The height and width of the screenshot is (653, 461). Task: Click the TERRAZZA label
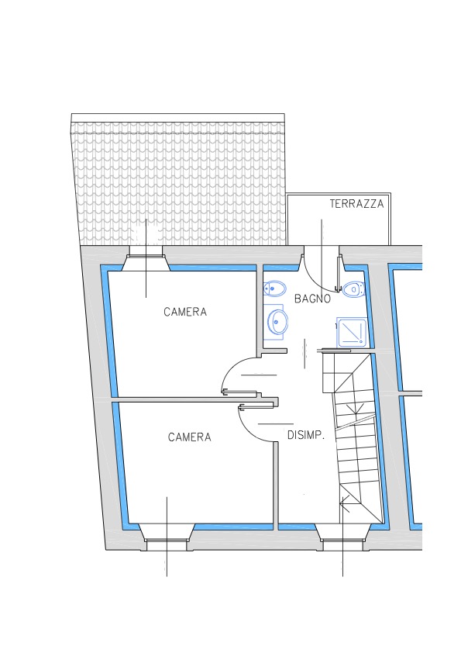pos(356,204)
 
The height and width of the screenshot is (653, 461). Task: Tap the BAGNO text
pos(312,299)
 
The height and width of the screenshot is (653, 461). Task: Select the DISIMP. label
pos(306,435)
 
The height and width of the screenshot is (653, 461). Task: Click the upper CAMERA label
pos(185,312)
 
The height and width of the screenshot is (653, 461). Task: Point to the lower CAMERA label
pos(189,437)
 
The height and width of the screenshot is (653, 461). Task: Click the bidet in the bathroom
pos(275,288)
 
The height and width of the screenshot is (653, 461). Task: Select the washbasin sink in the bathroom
pos(277,322)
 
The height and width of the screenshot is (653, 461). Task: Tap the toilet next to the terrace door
pos(353,288)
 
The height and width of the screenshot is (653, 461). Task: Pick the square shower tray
pos(352,332)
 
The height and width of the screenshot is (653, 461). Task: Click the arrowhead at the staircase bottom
pos(344,503)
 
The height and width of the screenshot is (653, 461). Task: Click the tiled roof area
pos(179,183)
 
